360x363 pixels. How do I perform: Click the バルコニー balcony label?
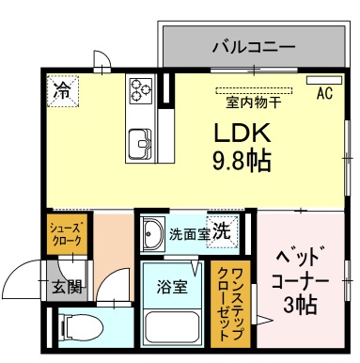[x=254, y=45]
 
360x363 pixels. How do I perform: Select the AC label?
[x=325, y=93]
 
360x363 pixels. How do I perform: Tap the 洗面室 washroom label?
[x=188, y=233]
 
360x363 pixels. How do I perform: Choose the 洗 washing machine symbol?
[x=224, y=229]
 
